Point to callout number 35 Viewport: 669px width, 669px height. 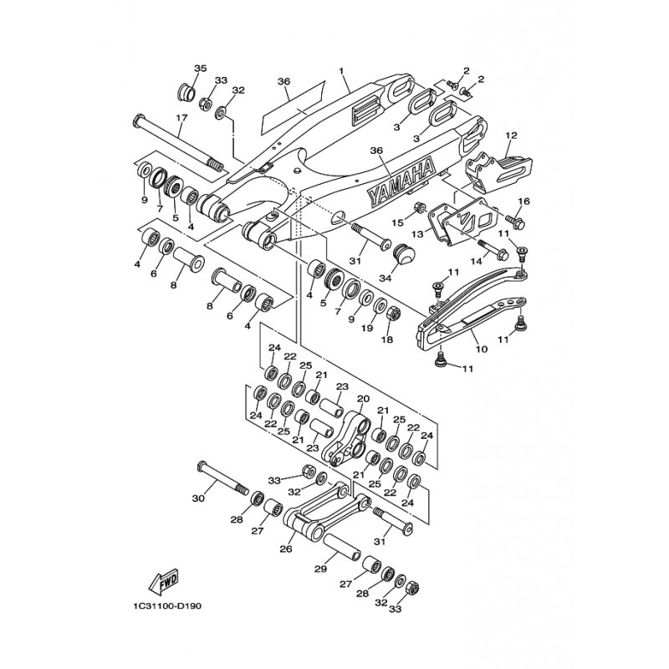(x=200, y=68)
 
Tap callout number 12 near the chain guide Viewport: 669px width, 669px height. (x=512, y=135)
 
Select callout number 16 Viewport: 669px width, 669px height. (x=524, y=202)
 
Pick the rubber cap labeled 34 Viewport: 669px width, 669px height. (x=404, y=253)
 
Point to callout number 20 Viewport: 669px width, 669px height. (x=363, y=399)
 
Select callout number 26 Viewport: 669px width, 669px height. (x=285, y=549)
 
